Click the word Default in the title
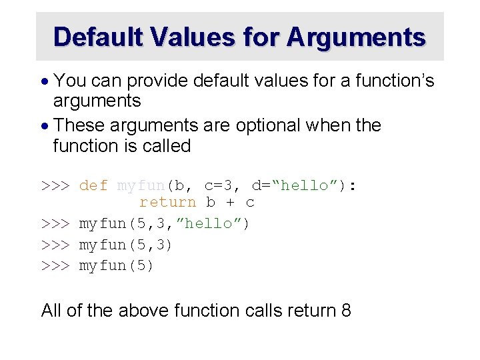99,37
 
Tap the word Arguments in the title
356,37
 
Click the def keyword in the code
93,185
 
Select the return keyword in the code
168,202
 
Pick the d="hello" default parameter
300,185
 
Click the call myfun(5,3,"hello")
164,223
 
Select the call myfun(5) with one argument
117,265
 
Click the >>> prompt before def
56,185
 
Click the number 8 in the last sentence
345,310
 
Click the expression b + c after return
231,202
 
